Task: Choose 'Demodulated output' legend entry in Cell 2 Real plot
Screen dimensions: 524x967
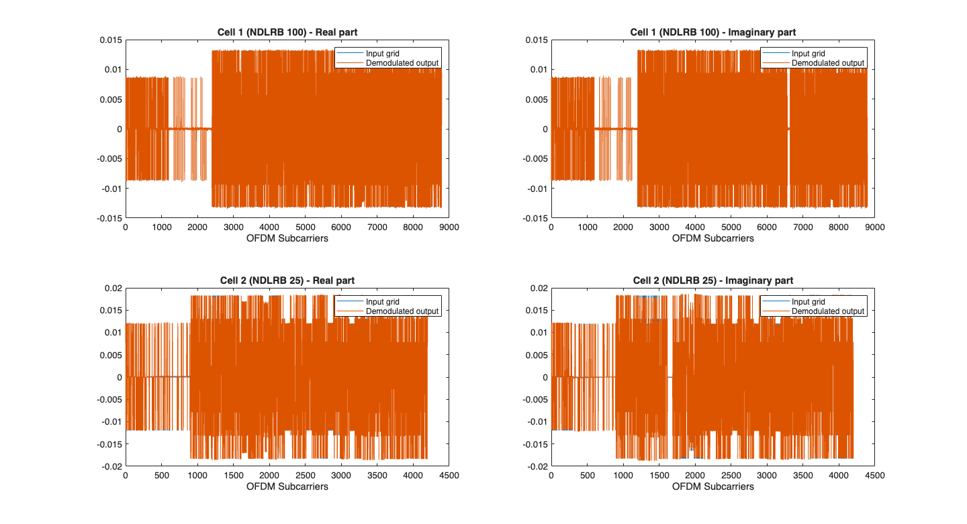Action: coord(402,311)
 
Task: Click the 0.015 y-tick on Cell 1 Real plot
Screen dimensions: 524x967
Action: coord(111,40)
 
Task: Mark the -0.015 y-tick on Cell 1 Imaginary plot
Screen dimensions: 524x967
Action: coord(535,218)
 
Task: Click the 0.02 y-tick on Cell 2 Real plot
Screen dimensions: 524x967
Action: coord(113,288)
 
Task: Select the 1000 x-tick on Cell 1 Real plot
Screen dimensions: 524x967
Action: coord(161,227)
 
